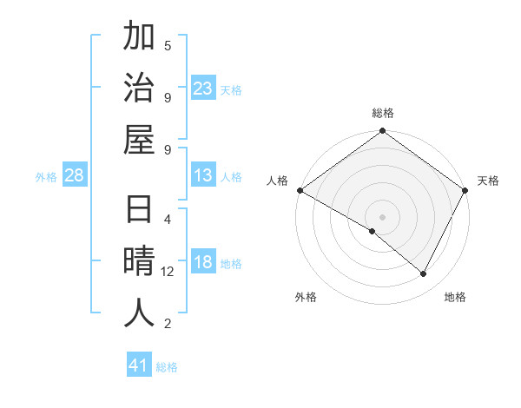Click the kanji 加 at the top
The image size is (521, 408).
(x=139, y=37)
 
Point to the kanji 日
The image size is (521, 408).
(x=139, y=212)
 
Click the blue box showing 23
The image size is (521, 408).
(x=203, y=89)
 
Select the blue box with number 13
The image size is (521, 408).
(x=203, y=176)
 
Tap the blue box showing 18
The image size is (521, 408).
(x=203, y=263)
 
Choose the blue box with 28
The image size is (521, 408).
(x=74, y=176)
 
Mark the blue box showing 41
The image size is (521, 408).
(x=139, y=365)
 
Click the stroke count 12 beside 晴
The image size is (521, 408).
(x=168, y=272)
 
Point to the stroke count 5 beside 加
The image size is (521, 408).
(x=168, y=45)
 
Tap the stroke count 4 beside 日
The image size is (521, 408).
(x=168, y=219)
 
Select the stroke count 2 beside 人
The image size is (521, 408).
(x=168, y=324)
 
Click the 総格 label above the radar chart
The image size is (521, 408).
(x=383, y=113)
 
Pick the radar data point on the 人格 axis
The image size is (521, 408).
(x=300, y=190)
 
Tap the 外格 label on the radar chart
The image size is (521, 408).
(x=306, y=297)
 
